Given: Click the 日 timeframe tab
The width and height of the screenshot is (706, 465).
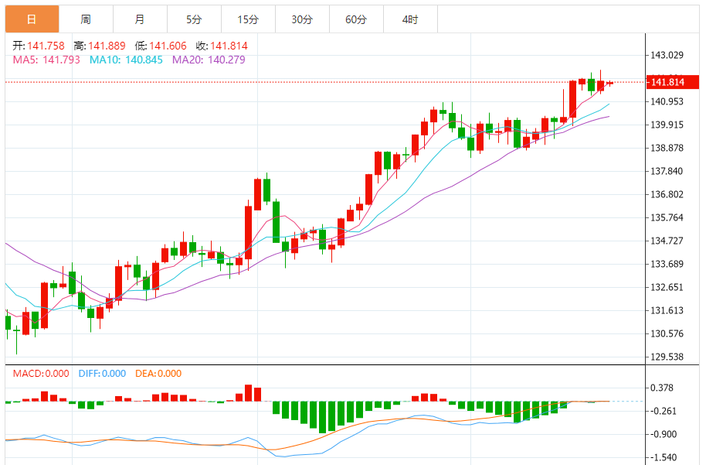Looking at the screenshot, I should point(32,19).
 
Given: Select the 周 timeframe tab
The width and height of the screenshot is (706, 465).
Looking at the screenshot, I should point(86,19).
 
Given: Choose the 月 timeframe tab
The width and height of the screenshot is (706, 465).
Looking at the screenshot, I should point(139,19).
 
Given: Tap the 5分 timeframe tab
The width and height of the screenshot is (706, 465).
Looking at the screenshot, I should point(194,19).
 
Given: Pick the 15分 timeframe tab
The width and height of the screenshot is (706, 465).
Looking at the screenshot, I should point(248,19).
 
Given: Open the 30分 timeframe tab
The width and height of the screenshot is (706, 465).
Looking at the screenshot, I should point(302,19).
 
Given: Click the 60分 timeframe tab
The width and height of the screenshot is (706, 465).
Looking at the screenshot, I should point(356,19).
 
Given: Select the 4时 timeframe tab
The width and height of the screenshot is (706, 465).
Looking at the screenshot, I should point(410,19).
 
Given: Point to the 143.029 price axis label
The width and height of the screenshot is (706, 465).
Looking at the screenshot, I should point(667,55).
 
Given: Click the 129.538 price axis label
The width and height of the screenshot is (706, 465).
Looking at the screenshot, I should point(667,357).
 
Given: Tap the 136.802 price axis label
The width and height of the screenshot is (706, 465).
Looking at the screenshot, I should point(667,194).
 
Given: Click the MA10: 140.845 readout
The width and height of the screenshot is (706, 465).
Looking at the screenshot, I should point(127,60).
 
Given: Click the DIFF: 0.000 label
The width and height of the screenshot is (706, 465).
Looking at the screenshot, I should point(102,374).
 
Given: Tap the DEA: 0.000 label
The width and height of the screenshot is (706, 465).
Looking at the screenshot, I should point(158,374).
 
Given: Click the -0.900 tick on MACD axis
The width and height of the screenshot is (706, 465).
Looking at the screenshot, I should point(665,434).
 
